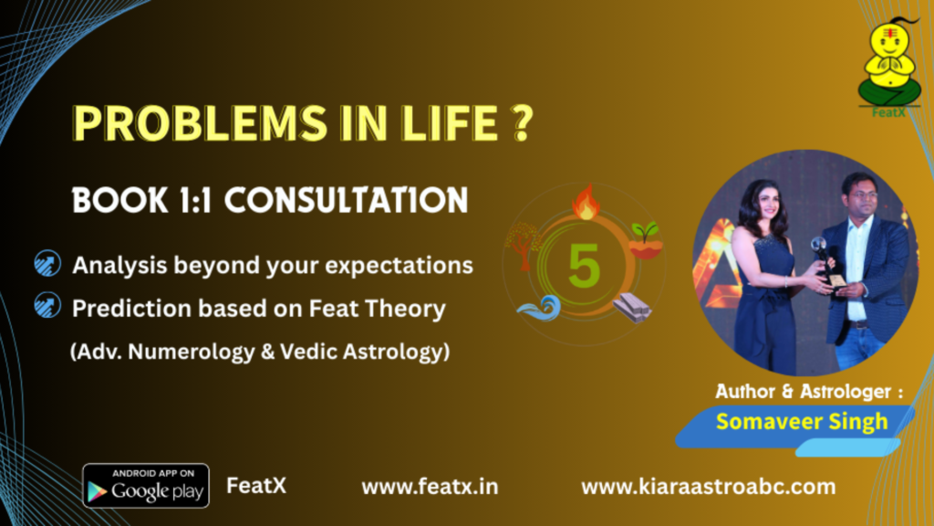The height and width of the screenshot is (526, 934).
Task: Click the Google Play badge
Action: click(x=146, y=486)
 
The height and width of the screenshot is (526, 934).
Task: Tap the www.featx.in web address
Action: click(x=430, y=487)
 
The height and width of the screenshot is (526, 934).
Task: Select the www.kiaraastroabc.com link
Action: click(x=708, y=487)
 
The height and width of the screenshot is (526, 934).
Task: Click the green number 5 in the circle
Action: click(x=584, y=266)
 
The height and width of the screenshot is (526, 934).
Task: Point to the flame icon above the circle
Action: click(x=586, y=202)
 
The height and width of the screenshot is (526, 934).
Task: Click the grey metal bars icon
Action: click(x=632, y=307)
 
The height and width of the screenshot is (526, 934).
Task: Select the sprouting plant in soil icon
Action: click(x=646, y=240)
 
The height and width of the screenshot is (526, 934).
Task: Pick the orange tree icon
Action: click(x=523, y=245)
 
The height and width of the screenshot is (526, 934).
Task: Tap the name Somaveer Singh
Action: click(x=802, y=422)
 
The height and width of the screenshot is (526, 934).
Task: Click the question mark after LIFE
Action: click(x=523, y=123)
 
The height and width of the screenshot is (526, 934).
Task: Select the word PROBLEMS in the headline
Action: click(x=200, y=123)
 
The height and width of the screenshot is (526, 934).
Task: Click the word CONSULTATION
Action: click(x=346, y=200)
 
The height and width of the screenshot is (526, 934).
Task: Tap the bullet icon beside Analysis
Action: click(x=47, y=263)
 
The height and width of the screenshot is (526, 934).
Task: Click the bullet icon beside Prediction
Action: click(x=47, y=305)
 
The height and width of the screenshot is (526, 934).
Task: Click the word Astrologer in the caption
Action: click(x=846, y=391)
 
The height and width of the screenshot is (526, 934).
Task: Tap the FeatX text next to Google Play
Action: click(x=256, y=486)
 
